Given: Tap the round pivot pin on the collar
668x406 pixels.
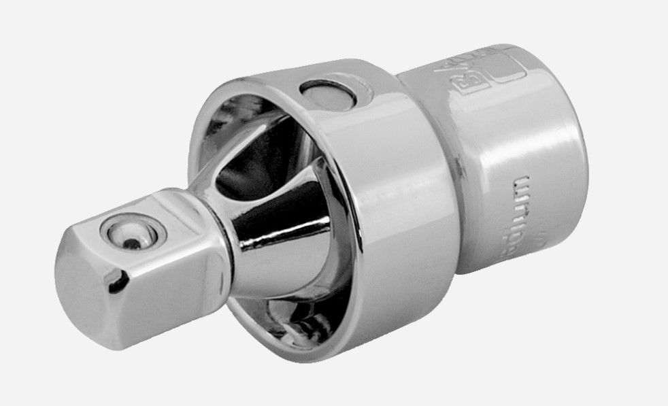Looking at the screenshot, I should coord(327,95).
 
